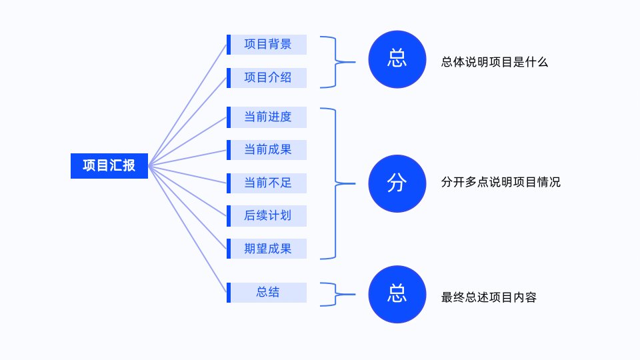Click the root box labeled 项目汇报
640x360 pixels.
[109, 166]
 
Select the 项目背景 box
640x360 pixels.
[267, 45]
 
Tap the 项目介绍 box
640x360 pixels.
[267, 77]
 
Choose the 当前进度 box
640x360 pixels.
[267, 117]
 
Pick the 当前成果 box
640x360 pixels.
[267, 150]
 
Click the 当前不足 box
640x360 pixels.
[267, 183]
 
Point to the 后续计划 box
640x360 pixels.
[267, 216]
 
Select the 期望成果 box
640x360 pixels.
[267, 249]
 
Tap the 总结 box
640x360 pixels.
[267, 292]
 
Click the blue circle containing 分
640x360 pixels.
[397, 183]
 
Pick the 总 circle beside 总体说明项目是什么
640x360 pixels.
[397, 59]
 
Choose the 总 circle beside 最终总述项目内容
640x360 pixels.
[397, 294]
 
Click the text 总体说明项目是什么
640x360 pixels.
[494, 62]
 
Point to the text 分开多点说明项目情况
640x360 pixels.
[501, 182]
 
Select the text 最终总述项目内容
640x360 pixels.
[489, 297]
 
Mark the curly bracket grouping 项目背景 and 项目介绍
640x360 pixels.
[335, 62]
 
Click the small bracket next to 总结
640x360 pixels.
[335, 294]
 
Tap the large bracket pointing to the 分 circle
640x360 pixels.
[335, 184]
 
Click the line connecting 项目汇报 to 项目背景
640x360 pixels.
[187, 105]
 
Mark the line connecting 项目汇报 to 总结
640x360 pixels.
[187, 229]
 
